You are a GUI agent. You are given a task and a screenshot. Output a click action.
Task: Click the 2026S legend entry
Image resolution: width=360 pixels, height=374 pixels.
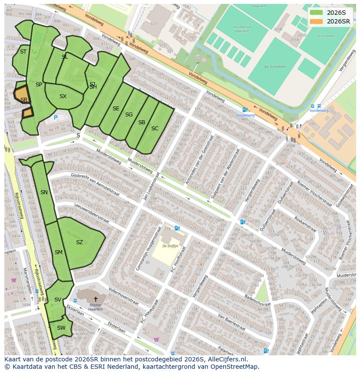(x=330, y=13)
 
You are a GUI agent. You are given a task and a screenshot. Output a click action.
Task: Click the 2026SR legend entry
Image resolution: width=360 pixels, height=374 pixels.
(x=330, y=21)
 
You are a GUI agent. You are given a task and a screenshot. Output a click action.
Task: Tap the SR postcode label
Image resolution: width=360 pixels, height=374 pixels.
(x=24, y=99)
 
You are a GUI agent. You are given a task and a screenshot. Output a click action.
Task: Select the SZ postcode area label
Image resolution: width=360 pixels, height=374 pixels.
(x=79, y=242)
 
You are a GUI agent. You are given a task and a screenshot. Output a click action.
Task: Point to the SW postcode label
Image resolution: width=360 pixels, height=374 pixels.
(x=61, y=328)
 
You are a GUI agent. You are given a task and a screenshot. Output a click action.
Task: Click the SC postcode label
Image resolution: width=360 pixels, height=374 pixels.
(x=155, y=128)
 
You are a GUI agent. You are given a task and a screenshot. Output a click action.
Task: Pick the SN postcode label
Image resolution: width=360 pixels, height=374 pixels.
(x=44, y=192)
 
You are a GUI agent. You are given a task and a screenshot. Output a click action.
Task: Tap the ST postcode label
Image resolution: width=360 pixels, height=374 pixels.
(x=23, y=52)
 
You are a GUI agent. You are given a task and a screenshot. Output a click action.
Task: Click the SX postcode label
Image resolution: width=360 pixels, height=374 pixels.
(x=63, y=96)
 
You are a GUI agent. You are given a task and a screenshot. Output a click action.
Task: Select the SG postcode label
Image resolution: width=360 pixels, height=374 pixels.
(x=129, y=115)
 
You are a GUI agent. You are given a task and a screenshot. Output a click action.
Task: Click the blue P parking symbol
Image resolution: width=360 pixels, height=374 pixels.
(x=56, y=117)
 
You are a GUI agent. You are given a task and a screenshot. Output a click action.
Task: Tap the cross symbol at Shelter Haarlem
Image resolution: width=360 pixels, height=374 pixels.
(x=96, y=299)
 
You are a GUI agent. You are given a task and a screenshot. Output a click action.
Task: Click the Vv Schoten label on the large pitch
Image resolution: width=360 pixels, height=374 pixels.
(x=274, y=67)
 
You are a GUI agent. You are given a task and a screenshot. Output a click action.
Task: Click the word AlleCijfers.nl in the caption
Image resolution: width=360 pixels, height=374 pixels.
(x=227, y=359)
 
